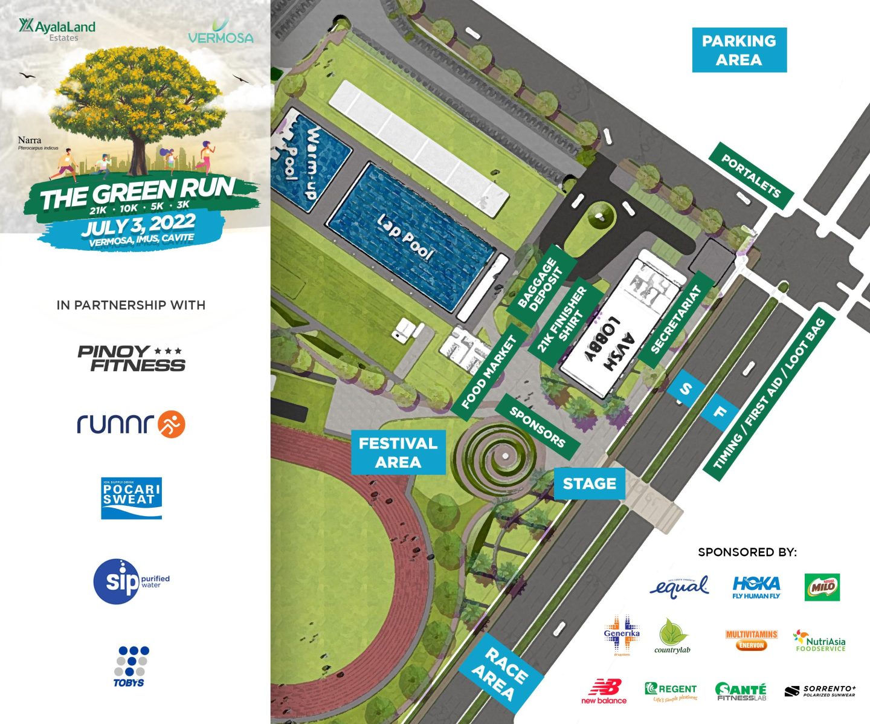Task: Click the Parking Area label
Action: click(x=739, y=50)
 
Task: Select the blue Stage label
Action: click(x=589, y=483)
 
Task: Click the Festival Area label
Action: click(x=398, y=453)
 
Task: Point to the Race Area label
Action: click(x=501, y=673)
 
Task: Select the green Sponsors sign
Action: click(x=536, y=427)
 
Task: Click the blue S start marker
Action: click(x=685, y=389)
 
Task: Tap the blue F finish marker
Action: click(x=720, y=413)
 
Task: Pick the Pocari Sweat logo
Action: click(x=131, y=498)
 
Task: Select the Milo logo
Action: click(x=822, y=587)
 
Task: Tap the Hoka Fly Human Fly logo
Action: click(x=756, y=587)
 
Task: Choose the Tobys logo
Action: click(x=129, y=667)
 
